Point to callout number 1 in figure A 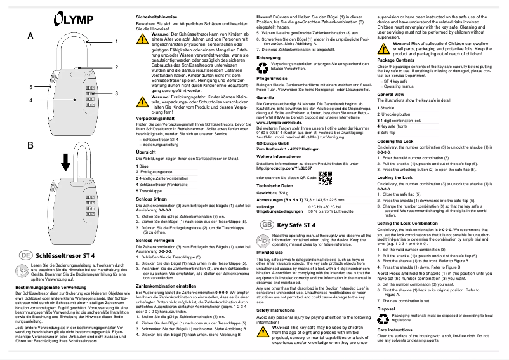click(116, 41)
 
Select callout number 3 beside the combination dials click(116, 93)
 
